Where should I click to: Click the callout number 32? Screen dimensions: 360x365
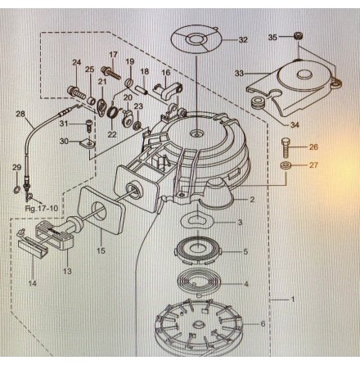point(243,39)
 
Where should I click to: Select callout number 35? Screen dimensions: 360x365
point(273,37)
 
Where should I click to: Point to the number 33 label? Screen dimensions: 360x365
point(240,74)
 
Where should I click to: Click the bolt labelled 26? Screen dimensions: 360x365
point(285,147)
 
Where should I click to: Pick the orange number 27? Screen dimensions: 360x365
point(314,165)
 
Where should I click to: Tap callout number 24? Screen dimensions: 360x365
point(77,62)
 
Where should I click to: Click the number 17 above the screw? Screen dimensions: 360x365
point(114,54)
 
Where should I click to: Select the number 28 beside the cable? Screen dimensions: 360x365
point(20,114)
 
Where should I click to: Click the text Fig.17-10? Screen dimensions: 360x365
point(40,208)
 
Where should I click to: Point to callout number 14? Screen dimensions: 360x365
point(33,283)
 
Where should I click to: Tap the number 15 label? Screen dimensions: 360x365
point(101,250)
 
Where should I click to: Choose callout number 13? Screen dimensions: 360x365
point(67,270)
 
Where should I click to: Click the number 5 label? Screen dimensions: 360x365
point(245,252)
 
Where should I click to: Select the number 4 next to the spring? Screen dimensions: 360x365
point(245,284)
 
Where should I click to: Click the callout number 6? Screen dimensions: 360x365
point(263,323)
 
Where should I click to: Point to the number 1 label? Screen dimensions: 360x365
point(293,300)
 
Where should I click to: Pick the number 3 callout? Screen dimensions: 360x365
point(240,222)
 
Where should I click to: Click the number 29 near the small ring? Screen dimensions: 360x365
point(16,167)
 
